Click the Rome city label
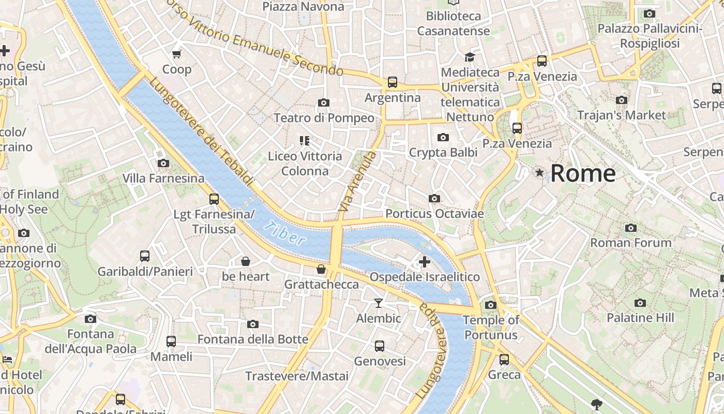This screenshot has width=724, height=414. click(583, 173)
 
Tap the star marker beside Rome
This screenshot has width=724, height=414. click(540, 173)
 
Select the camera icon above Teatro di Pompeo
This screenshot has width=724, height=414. click(324, 103)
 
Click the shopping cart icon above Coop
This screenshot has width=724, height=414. click(177, 54)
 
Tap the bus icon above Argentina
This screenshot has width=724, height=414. click(393, 82)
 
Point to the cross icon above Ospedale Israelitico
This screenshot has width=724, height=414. click(425, 262)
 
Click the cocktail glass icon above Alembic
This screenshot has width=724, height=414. click(379, 303)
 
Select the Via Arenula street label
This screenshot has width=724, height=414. click(356, 181)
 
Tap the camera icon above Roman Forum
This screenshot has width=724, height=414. click(630, 228)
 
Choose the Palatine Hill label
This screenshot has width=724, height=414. click(640, 318)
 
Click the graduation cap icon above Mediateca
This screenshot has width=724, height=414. click(470, 57)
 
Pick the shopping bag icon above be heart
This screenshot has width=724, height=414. click(246, 261)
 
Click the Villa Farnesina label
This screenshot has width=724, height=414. click(163, 179)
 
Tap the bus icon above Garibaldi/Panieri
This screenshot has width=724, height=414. click(145, 256)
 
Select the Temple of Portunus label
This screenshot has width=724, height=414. click(491, 328)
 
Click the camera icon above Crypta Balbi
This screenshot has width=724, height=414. click(443, 137)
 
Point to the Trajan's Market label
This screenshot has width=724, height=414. click(621, 115)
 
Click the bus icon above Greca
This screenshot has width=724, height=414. click(504, 359)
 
